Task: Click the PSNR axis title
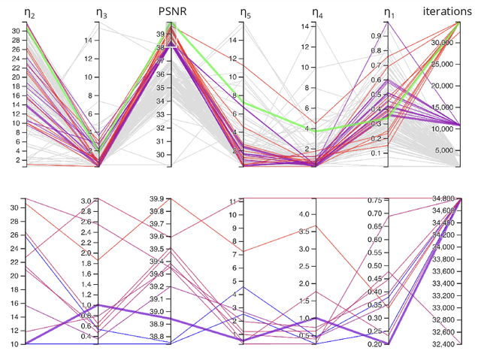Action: click(x=171, y=11)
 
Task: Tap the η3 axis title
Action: click(x=102, y=12)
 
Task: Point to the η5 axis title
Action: click(x=246, y=12)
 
